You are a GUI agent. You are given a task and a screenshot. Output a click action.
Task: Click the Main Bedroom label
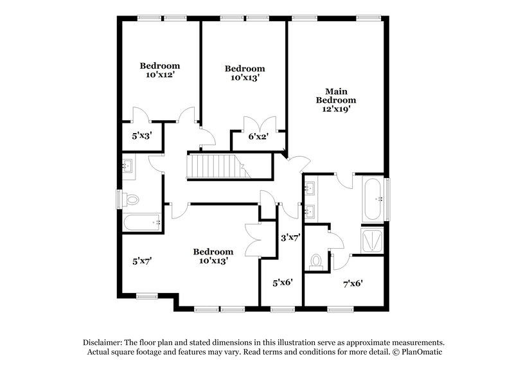tap(335, 96)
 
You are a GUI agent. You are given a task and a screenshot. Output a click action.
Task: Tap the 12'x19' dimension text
tap(335, 109)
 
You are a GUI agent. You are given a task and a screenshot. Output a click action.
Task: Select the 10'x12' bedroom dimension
tap(160, 75)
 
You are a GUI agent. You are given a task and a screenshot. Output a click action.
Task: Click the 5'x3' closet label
tap(141, 136)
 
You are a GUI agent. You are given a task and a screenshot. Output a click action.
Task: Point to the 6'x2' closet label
tap(258, 136)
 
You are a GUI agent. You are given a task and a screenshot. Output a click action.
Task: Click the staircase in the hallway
tap(218, 166)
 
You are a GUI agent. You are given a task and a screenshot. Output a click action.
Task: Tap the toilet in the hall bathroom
tap(132, 200)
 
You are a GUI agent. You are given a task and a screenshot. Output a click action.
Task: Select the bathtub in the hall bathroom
tap(141, 223)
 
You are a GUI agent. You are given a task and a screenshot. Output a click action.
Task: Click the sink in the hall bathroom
tap(128, 166)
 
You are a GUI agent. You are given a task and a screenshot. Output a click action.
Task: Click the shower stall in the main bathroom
tap(372, 240)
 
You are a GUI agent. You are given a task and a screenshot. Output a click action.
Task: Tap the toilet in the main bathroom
tap(315, 261)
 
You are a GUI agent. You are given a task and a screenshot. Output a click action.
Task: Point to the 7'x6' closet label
tap(353, 282)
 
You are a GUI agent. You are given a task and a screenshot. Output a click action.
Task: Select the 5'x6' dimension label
tap(283, 282)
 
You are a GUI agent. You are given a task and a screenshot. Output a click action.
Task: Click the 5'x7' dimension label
tap(141, 261)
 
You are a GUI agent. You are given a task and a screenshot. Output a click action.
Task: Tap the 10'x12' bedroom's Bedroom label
tap(160, 66)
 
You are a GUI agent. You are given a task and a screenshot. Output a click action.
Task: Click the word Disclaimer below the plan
tap(103, 343)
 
